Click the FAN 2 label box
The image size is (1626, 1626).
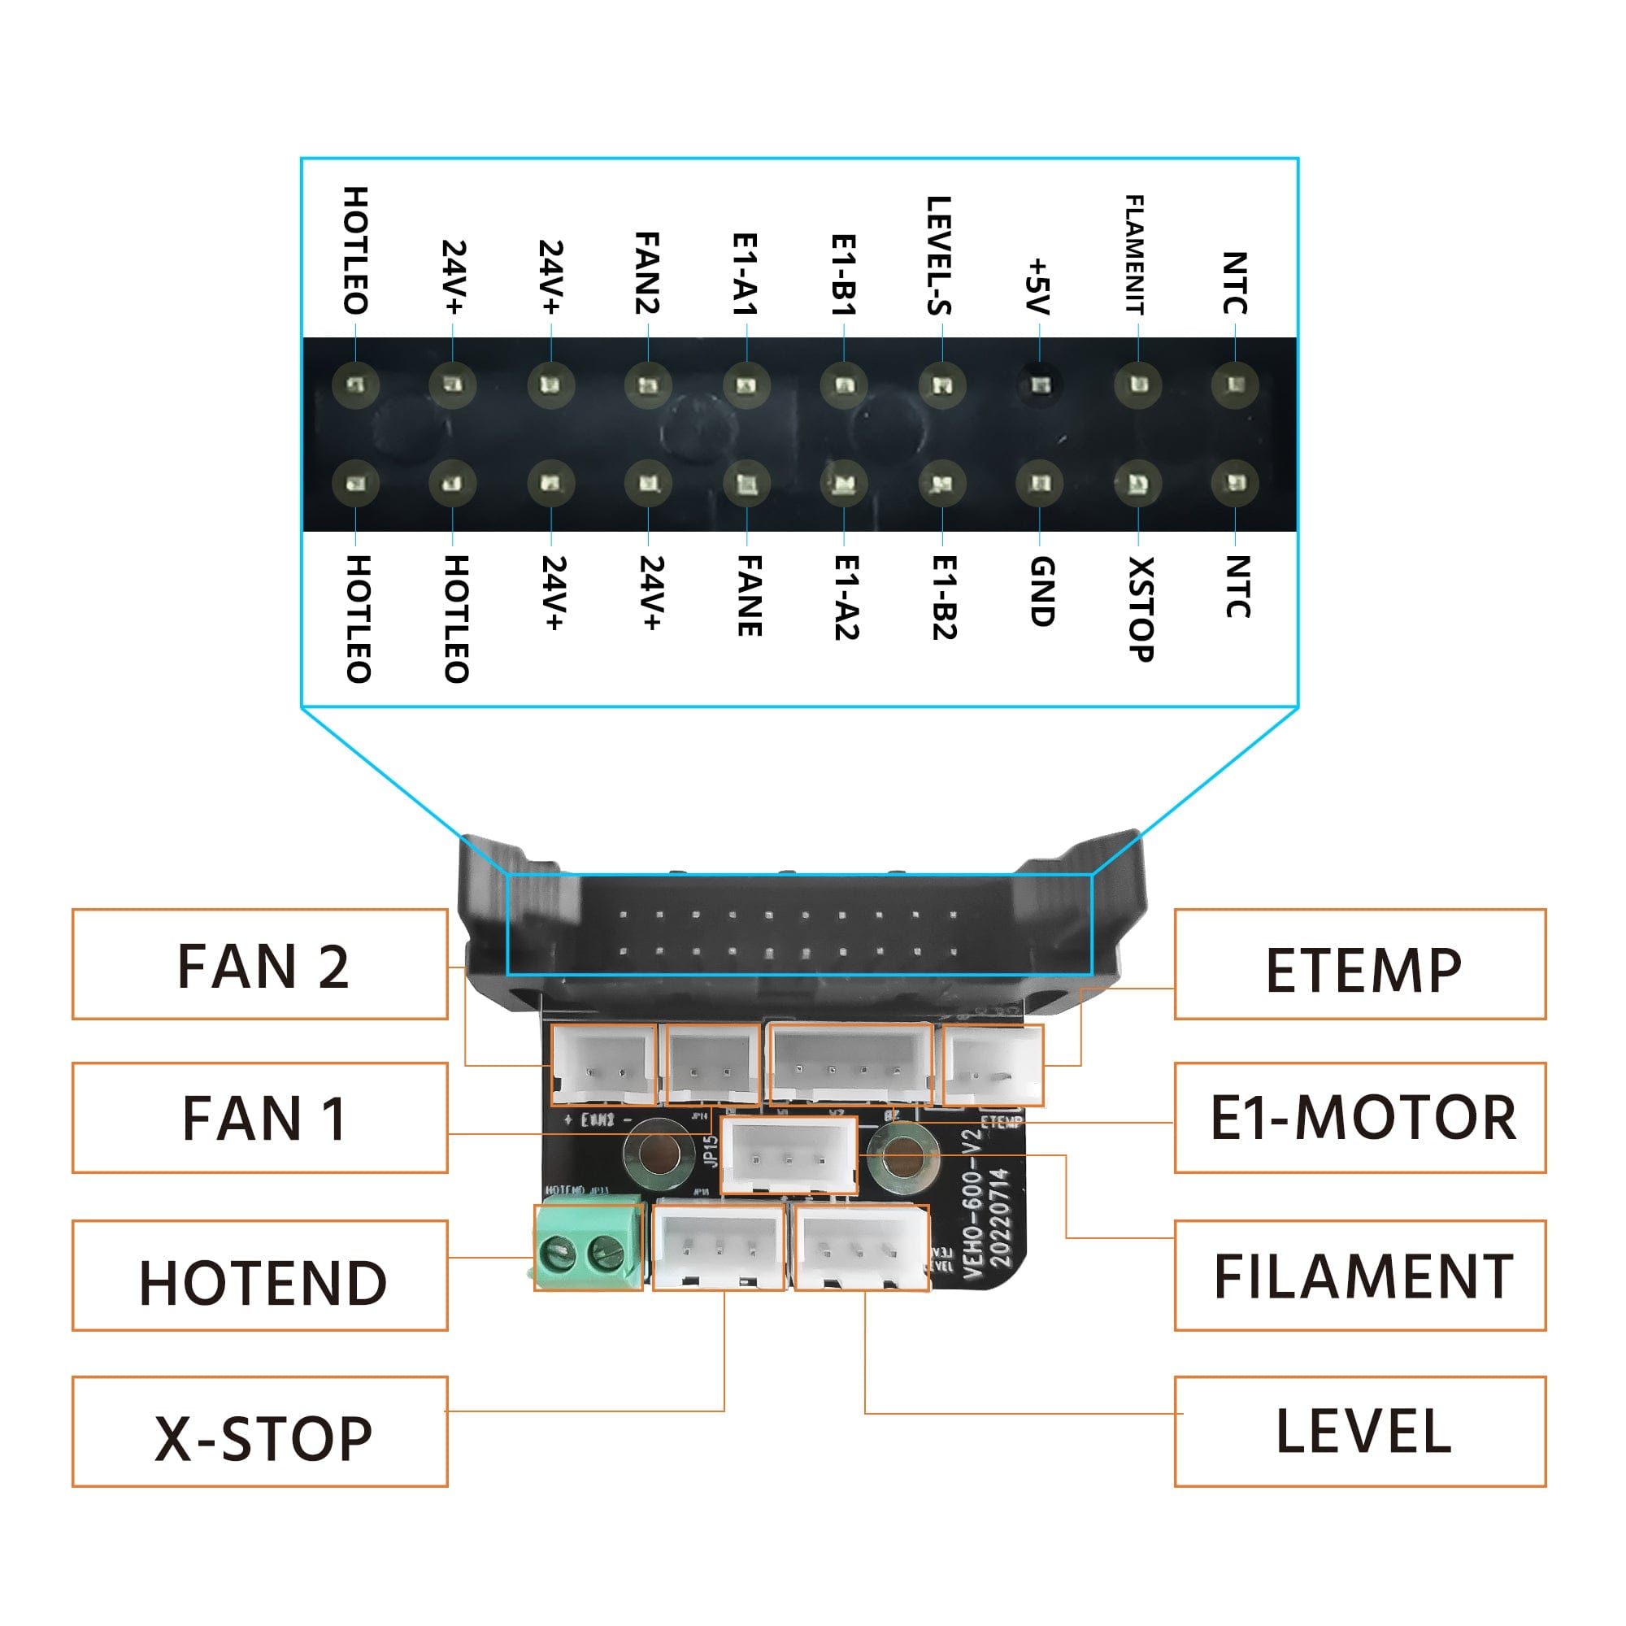point(259,964)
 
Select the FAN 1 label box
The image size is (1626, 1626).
point(259,1118)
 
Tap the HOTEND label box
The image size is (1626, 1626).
point(259,1276)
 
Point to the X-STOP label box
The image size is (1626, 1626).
point(259,1432)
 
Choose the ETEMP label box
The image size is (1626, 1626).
point(1360,964)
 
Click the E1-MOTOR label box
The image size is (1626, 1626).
point(1360,1118)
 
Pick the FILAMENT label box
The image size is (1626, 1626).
point(1360,1276)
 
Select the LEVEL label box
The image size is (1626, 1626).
point(1360,1432)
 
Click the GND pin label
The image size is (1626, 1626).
point(1042,592)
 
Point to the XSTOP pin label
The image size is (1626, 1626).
point(1141,608)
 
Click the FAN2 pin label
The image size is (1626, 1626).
point(646,273)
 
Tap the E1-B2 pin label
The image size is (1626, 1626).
point(944,598)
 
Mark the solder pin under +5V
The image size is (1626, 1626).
point(1041,385)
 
